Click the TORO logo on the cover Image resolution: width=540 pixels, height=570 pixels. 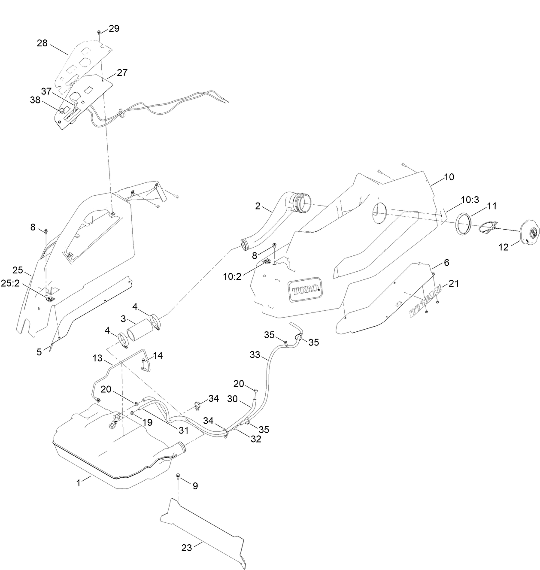point(305,291)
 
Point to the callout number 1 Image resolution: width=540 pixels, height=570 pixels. point(79,483)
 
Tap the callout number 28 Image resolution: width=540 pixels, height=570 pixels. point(42,43)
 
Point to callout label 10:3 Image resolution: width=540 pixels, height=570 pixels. point(470,200)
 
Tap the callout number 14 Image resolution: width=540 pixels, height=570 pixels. point(158,355)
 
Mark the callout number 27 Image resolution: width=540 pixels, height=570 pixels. point(122,73)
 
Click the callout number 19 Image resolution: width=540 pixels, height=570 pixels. point(147,422)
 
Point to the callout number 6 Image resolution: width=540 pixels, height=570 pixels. point(446,263)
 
